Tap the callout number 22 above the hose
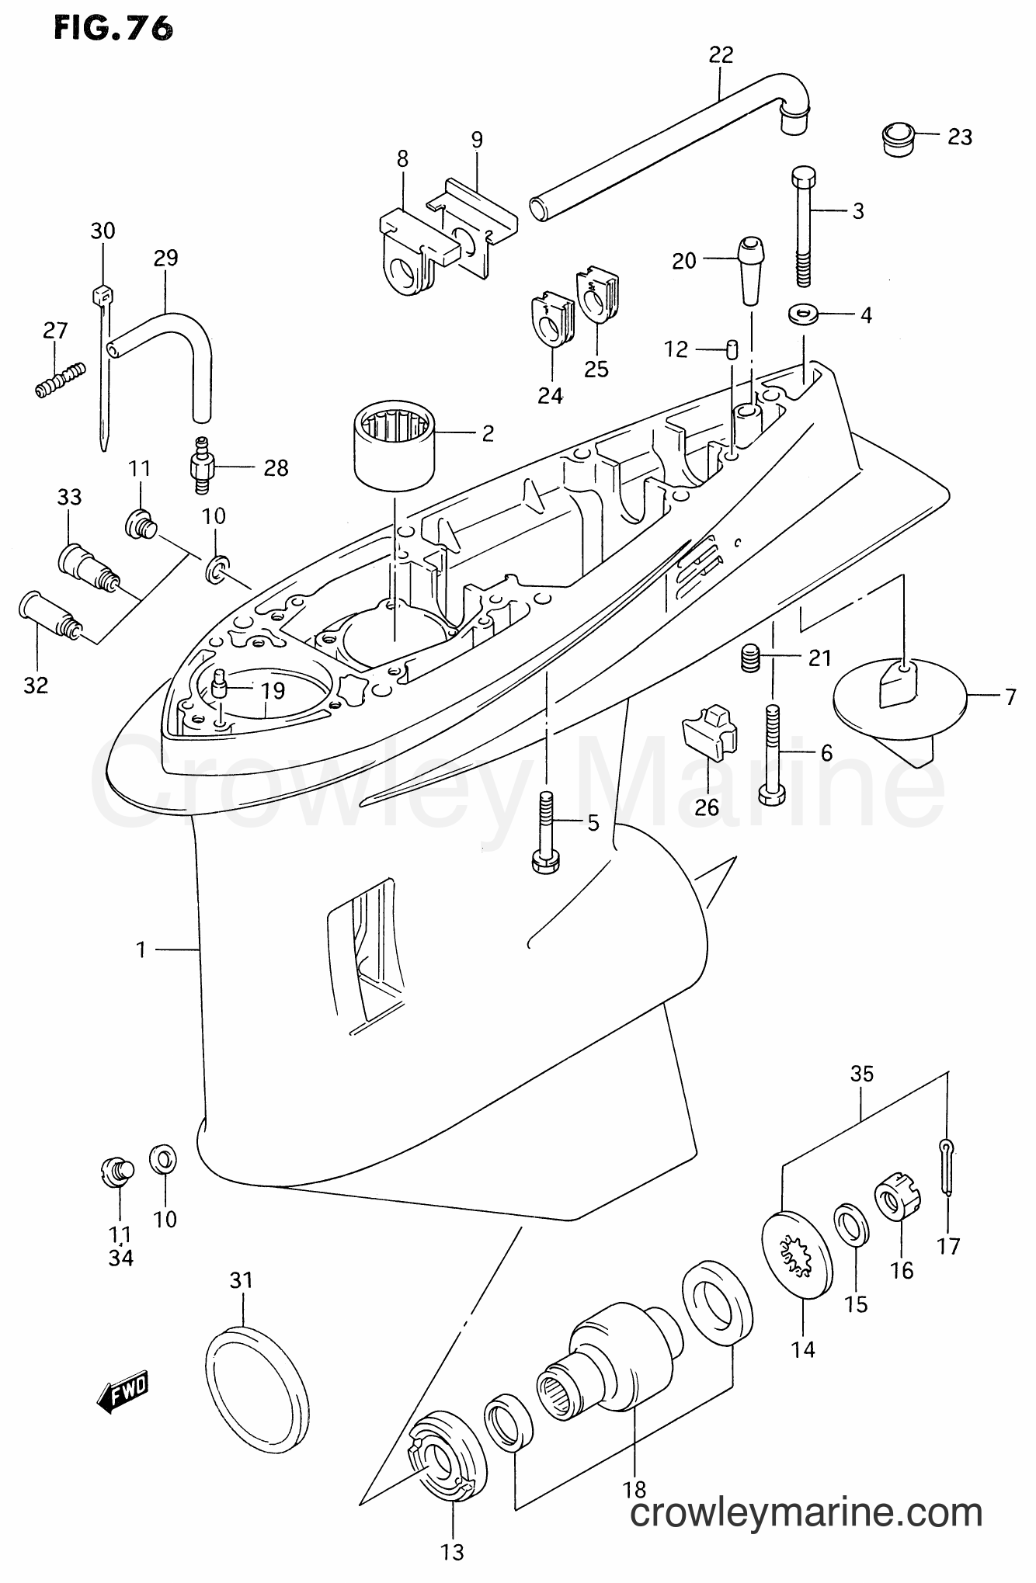pyautogui.click(x=721, y=55)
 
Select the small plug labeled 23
pyautogui.click(x=900, y=138)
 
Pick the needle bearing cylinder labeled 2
pyautogui.click(x=393, y=450)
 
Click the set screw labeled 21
pyautogui.click(x=749, y=658)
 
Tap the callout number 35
pyautogui.click(x=862, y=1074)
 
